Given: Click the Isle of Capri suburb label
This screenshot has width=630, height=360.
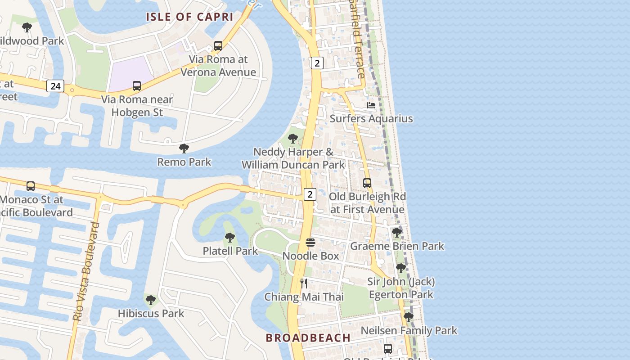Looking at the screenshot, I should [189, 17].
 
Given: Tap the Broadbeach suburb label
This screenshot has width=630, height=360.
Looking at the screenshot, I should [308, 338].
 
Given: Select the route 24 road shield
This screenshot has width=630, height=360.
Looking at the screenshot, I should [55, 85].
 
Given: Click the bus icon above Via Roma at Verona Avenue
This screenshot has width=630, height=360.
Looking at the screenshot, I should [218, 45].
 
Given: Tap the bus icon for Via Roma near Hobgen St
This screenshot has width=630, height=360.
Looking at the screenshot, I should [137, 85].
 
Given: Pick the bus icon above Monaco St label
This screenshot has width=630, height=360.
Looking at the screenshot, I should [31, 186].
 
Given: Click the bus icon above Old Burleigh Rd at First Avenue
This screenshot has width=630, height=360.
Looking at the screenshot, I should [367, 183].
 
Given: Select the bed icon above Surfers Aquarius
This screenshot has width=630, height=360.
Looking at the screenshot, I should [371, 105].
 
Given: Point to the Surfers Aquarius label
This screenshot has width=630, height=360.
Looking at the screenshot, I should [371, 119].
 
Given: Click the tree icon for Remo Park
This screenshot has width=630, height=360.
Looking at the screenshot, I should [184, 148].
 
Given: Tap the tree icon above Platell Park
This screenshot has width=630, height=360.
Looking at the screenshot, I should [230, 237].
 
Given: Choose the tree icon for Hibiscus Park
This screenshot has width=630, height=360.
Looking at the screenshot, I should [151, 300].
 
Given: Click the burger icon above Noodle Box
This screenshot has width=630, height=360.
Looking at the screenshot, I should [310, 243].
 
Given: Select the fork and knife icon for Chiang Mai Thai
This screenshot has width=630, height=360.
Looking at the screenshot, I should [304, 283].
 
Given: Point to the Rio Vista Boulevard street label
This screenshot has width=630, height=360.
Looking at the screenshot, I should [86, 271].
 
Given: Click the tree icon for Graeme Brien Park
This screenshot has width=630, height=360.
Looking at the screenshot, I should [397, 233].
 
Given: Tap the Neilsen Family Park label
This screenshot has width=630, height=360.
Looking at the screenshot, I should [409, 331].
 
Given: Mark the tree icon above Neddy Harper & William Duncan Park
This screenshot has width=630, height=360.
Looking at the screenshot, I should [293, 139].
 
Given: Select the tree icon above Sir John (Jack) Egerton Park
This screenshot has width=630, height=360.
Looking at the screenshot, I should [400, 268].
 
